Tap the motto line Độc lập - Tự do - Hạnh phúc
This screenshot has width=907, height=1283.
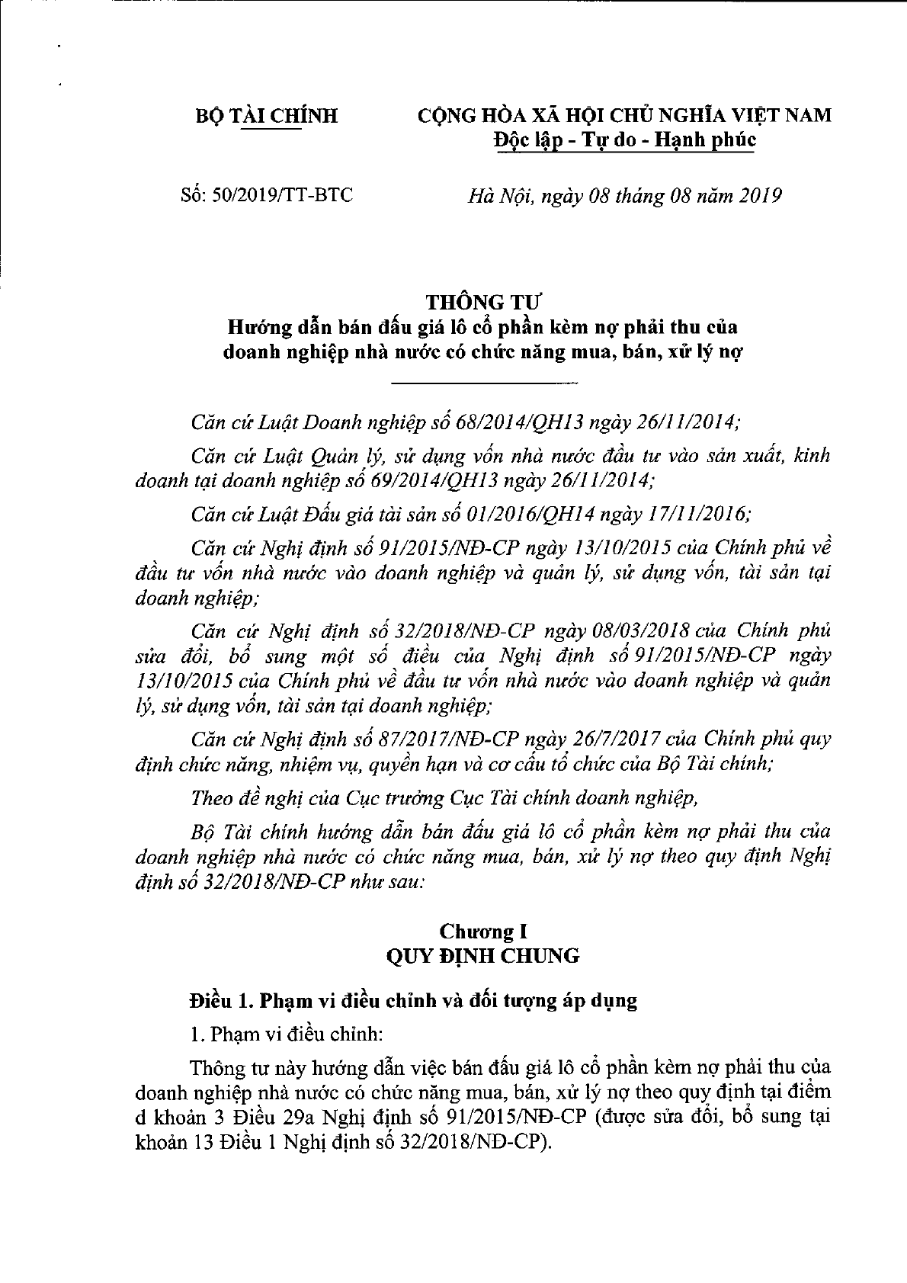623,140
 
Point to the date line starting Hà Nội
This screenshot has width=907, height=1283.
624,196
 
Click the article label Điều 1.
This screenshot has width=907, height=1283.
219,1000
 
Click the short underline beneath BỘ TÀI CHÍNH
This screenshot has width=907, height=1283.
271,130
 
